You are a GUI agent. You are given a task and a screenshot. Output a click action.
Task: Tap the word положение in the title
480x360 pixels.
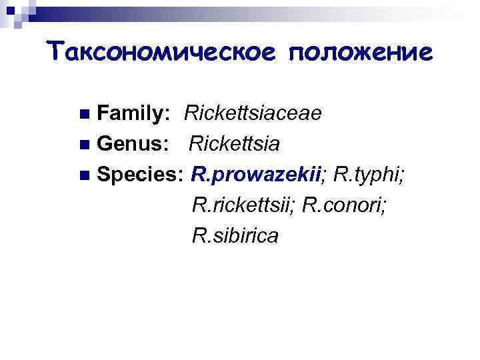point(361,51)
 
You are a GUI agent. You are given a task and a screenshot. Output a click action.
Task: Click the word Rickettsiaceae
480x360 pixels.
point(253,113)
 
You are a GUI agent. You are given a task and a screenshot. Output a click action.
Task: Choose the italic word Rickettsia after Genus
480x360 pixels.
point(235,143)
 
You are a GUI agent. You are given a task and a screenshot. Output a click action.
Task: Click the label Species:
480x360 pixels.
point(140,175)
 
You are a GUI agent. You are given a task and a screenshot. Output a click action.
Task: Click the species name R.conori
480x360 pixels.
point(341,205)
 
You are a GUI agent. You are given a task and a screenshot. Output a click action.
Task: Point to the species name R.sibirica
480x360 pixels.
point(235,235)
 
